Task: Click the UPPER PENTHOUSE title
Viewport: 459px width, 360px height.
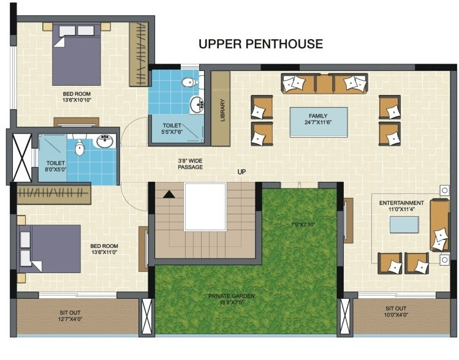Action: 260,45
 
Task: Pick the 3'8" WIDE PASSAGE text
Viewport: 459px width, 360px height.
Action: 190,163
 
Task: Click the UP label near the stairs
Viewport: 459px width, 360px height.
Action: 241,172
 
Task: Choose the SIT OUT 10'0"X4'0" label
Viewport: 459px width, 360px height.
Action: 396,312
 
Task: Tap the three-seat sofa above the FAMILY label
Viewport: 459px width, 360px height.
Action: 324,83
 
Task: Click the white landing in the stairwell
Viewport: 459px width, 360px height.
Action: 205,206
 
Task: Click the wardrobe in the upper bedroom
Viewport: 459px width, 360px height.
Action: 141,53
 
